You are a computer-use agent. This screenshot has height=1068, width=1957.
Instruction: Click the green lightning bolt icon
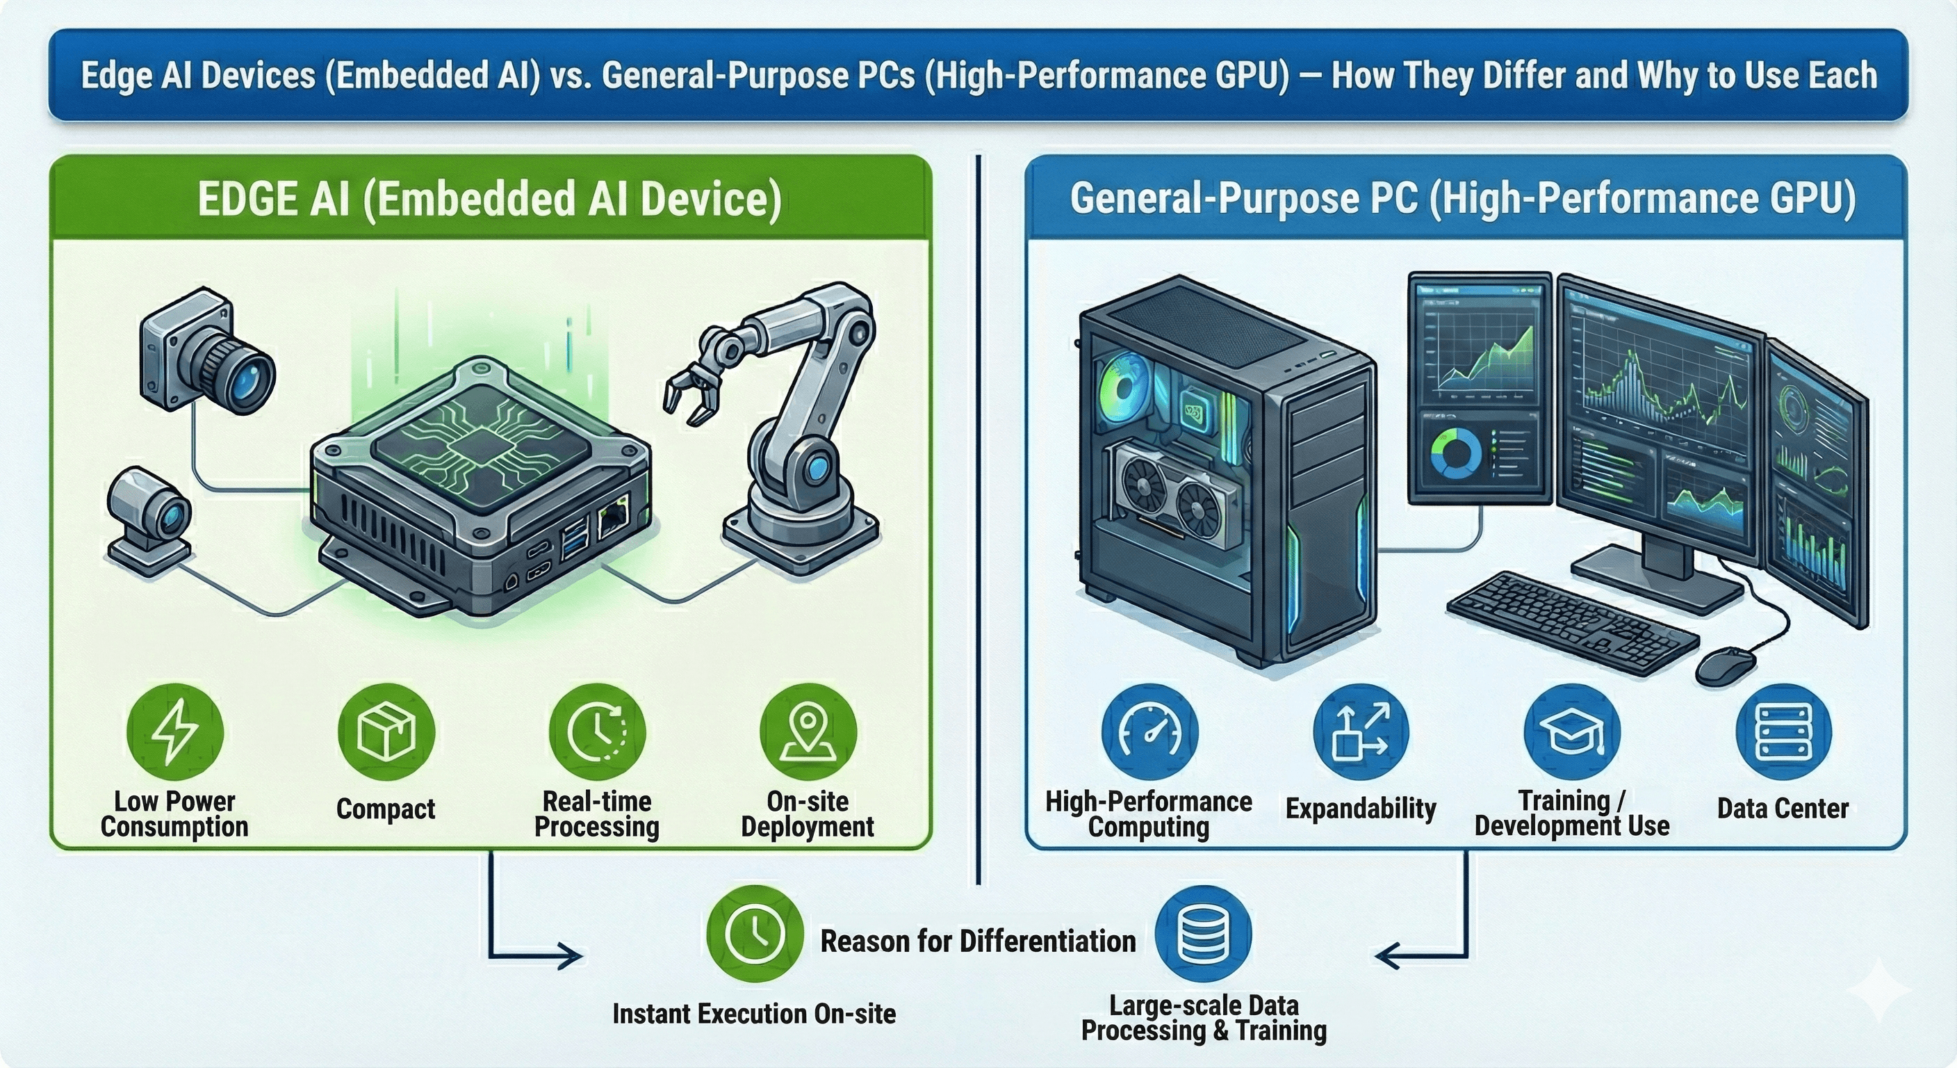click(x=174, y=731)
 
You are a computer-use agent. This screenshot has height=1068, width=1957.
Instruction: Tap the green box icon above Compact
click(x=386, y=731)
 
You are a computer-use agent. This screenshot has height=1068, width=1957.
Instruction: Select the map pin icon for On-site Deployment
click(x=808, y=731)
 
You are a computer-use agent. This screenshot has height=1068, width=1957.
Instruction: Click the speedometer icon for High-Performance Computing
click(x=1149, y=731)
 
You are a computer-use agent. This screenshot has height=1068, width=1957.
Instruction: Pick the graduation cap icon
click(x=1572, y=733)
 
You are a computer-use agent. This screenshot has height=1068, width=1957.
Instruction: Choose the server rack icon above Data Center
click(x=1783, y=731)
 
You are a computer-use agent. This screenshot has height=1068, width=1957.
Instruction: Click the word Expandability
click(x=1361, y=808)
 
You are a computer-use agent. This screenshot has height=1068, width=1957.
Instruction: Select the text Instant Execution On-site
click(x=755, y=1013)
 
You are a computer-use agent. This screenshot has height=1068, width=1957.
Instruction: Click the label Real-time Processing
click(x=596, y=814)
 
